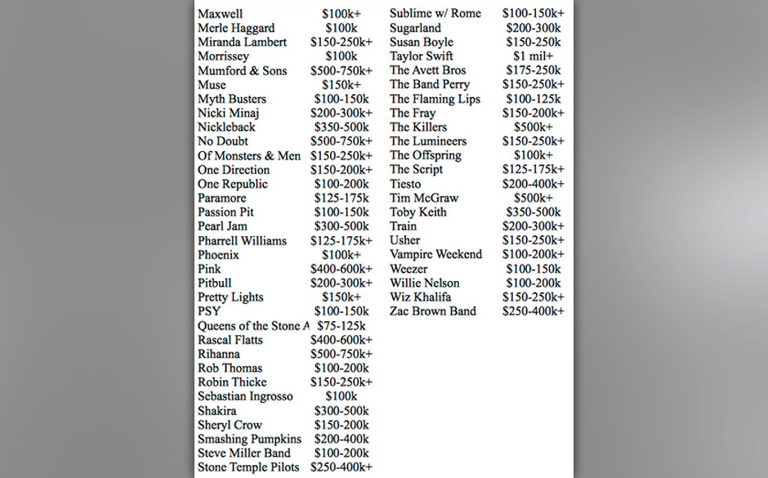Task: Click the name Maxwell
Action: pos(220,14)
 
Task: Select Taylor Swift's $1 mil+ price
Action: pos(533,56)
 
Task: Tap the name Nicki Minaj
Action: pos(228,113)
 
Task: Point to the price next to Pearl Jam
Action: pos(341,226)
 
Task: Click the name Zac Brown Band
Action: pos(432,311)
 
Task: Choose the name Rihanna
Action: pos(219,354)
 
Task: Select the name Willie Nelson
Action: pos(424,283)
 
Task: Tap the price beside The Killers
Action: pos(533,127)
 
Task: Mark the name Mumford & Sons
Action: pos(242,71)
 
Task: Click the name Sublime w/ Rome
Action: pos(435,14)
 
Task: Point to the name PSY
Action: pos(209,311)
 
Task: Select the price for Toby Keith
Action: pos(533,212)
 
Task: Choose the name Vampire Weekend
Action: pos(435,254)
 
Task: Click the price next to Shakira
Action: pos(341,411)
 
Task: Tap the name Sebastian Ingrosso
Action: pos(245,396)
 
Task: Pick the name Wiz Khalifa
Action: pos(420,297)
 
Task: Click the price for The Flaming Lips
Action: pos(533,99)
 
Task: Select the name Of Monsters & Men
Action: pos(248,156)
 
